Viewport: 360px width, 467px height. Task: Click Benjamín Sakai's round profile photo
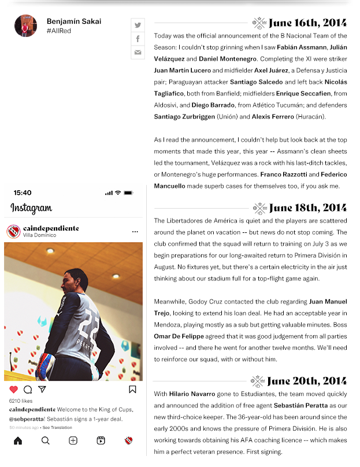[x=25, y=25]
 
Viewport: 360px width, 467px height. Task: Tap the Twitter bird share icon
[x=138, y=25]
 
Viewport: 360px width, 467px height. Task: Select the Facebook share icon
[x=138, y=39]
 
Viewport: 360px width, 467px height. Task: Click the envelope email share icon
[x=138, y=53]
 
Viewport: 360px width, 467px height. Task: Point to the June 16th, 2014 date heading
[x=307, y=23]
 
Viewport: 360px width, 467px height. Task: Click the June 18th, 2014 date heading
[x=307, y=208]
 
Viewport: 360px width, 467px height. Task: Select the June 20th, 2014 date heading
[x=307, y=381]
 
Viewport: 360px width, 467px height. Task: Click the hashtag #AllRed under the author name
[x=59, y=31]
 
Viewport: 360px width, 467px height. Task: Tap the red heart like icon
[x=13, y=390]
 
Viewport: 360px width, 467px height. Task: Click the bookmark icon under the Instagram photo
[x=132, y=390]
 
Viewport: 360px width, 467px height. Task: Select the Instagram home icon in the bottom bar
[x=18, y=440]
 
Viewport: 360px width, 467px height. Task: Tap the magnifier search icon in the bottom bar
[x=46, y=440]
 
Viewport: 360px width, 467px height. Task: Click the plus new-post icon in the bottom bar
[x=73, y=440]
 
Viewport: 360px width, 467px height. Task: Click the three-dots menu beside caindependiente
[x=135, y=232]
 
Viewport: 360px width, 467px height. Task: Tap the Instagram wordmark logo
[x=31, y=208]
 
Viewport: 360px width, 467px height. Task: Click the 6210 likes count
[x=21, y=401]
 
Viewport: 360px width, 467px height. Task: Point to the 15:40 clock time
[x=22, y=192]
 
